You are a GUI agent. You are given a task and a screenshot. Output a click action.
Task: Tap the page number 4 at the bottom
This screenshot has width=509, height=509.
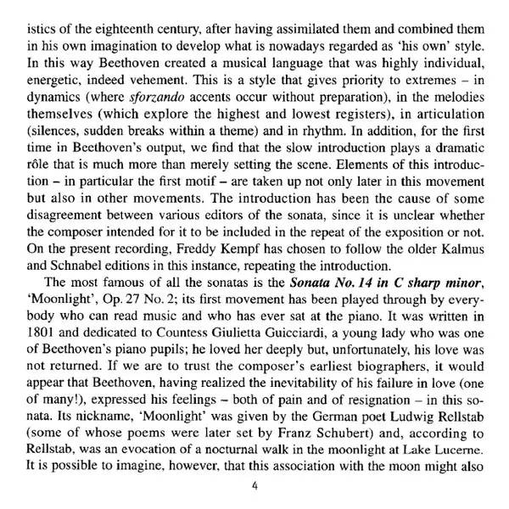255,486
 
